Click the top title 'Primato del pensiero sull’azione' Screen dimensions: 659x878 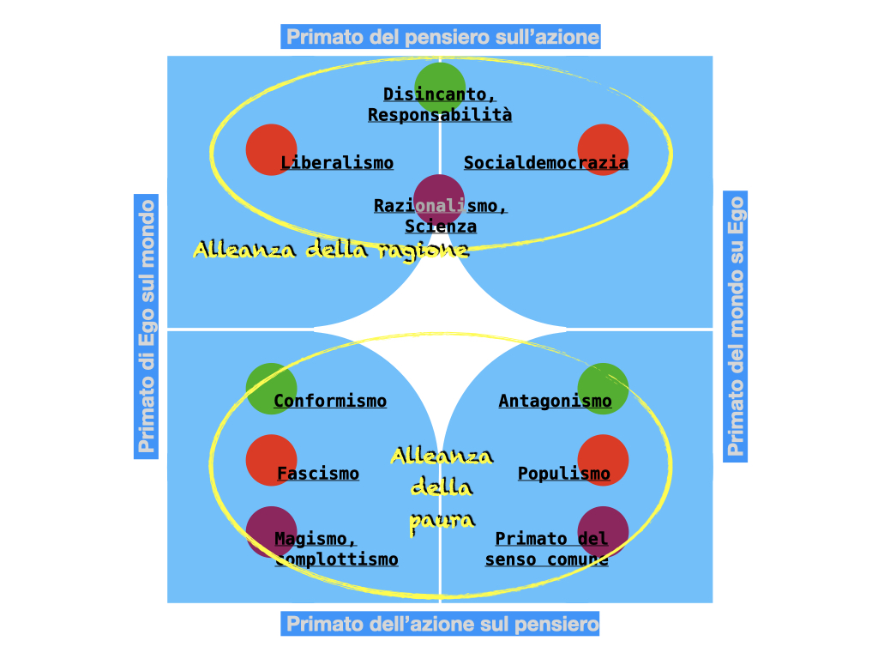(x=441, y=37)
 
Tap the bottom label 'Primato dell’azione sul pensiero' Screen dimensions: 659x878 (x=441, y=624)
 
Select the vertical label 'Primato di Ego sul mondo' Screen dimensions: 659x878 (x=147, y=326)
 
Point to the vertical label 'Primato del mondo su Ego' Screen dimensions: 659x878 (x=736, y=326)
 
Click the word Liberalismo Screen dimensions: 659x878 (x=337, y=163)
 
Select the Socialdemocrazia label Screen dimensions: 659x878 (x=546, y=163)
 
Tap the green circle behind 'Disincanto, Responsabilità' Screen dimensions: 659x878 (x=440, y=82)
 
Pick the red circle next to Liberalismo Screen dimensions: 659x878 (x=271, y=150)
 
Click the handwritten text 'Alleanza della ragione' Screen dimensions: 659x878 (x=331, y=250)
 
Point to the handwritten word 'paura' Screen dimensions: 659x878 (x=442, y=520)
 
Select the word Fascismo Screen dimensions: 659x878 (x=318, y=474)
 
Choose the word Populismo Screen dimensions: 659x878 (x=564, y=474)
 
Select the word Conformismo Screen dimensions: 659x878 (x=330, y=402)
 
